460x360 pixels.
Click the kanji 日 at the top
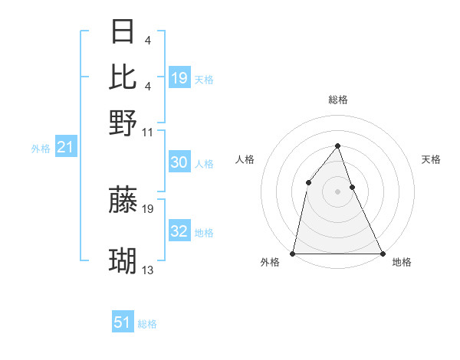pyautogui.click(x=123, y=32)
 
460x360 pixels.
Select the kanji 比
pyautogui.click(x=123, y=77)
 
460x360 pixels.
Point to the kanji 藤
pyautogui.click(x=123, y=200)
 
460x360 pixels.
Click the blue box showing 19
pyautogui.click(x=179, y=77)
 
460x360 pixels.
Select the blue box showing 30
pyautogui.click(x=179, y=162)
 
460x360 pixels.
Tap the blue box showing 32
pyautogui.click(x=179, y=231)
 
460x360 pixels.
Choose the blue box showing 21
pyautogui.click(x=64, y=146)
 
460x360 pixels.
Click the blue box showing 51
pyautogui.click(x=123, y=322)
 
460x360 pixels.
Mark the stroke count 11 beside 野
pyautogui.click(x=148, y=131)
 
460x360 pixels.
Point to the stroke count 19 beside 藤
pyautogui.click(x=148, y=208)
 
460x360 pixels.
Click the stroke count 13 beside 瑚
pyautogui.click(x=148, y=270)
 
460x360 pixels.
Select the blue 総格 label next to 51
pyautogui.click(x=147, y=324)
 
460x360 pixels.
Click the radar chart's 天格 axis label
pyautogui.click(x=431, y=159)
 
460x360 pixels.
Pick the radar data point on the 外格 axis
pyautogui.click(x=294, y=253)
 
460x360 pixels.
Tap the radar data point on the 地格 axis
pyautogui.click(x=382, y=253)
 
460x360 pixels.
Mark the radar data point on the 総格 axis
pyautogui.click(x=337, y=146)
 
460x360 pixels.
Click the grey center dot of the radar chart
pyautogui.click(x=337, y=191)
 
